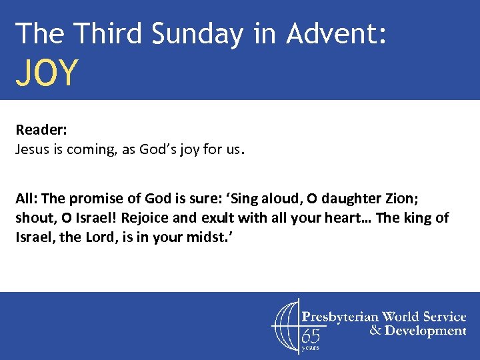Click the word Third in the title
coord(109,33)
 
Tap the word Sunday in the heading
coord(197,33)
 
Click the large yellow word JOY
coord(47,73)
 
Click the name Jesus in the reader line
coord(32,150)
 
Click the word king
coord(421,219)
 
